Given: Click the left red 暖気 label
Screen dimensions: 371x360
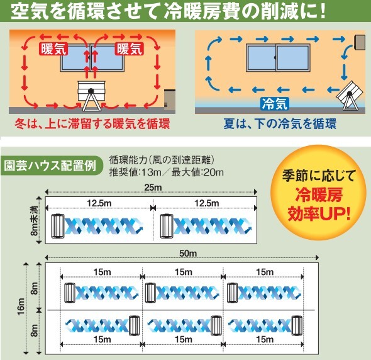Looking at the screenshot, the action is click(54, 49).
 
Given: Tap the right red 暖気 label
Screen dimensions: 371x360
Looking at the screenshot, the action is click(130, 49).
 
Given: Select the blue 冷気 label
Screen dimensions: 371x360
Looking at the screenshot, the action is click(275, 104).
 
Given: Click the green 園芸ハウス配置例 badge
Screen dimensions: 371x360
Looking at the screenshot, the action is click(52, 166).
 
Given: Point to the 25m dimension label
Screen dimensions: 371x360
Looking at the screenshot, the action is click(153, 188).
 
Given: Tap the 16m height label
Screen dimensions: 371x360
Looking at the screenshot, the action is click(21, 307).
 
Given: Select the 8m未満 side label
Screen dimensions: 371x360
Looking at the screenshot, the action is click(35, 221).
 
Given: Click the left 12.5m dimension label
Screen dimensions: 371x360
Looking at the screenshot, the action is click(99, 203).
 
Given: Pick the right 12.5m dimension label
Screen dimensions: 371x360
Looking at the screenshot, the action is click(207, 203).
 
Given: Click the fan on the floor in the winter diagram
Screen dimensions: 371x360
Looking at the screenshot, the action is click(91, 96).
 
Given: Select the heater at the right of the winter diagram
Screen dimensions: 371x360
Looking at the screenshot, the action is click(170, 99).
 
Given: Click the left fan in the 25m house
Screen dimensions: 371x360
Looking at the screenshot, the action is click(58, 226).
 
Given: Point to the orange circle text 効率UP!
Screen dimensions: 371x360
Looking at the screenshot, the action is click(319, 213).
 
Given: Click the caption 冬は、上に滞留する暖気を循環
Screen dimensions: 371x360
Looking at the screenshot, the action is click(92, 123).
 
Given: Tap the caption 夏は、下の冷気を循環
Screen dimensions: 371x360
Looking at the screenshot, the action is click(280, 123).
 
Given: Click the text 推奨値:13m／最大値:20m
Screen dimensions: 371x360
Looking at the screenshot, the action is click(167, 172).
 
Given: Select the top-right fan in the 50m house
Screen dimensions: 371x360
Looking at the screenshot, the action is click(232, 293).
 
